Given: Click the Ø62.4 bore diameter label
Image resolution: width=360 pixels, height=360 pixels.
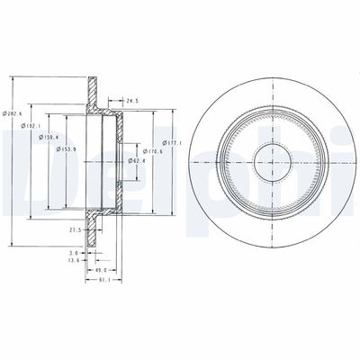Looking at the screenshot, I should pos(138,160).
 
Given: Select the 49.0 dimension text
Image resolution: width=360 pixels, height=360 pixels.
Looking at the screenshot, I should pos(100,270).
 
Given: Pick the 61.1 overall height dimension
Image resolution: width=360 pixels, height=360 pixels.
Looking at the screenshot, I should pos(103,281).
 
